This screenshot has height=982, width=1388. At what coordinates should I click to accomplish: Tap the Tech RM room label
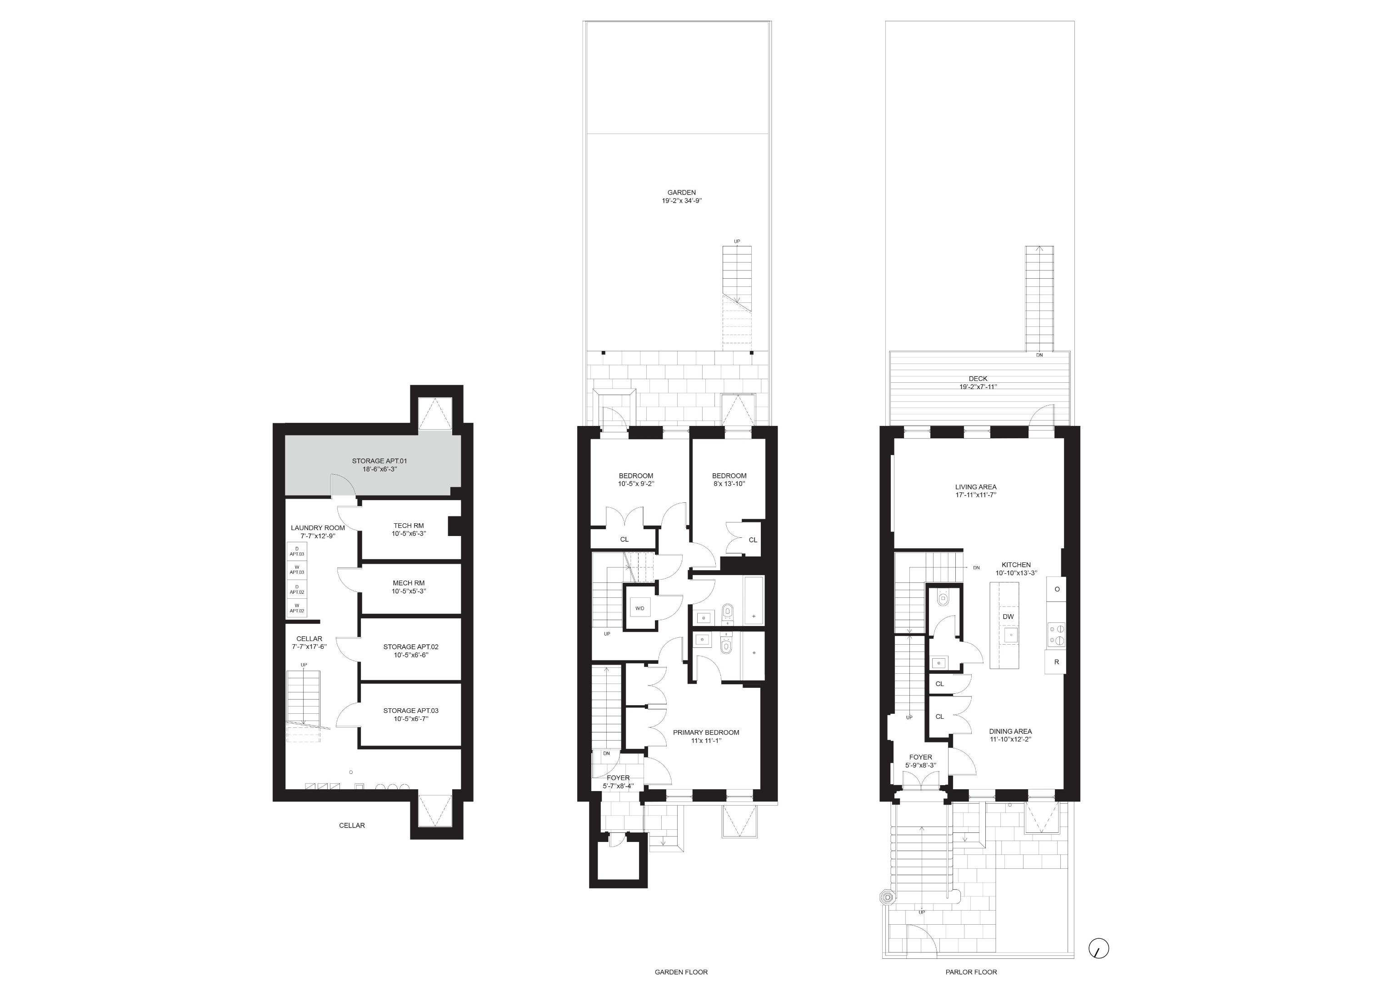[x=408, y=526]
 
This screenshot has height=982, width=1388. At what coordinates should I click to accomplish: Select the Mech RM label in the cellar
[x=408, y=583]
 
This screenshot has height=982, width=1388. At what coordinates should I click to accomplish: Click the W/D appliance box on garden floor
[x=639, y=608]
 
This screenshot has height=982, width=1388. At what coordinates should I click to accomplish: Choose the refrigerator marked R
[x=1056, y=662]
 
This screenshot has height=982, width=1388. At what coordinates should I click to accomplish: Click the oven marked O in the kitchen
[x=1057, y=589]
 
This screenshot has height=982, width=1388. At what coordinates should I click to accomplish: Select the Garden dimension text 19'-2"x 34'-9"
[x=682, y=201]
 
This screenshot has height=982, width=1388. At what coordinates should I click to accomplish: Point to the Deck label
[x=978, y=379]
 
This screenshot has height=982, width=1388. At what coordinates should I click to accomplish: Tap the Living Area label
[x=976, y=487]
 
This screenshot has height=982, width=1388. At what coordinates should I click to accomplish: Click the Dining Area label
[x=1010, y=731]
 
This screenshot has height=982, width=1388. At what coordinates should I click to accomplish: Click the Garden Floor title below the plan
[x=681, y=972]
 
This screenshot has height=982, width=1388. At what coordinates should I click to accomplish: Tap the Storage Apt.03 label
[x=410, y=711]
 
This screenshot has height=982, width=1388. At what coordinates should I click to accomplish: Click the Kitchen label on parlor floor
[x=1016, y=565]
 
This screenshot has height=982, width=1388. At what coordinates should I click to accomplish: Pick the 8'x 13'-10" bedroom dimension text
[x=729, y=484]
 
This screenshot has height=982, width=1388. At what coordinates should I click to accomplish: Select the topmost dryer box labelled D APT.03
[x=296, y=551]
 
